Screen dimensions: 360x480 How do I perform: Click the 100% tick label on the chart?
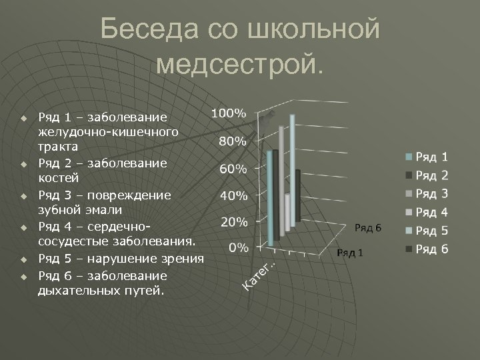[x=229, y=113]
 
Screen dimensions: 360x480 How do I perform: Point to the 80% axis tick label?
[x=233, y=141]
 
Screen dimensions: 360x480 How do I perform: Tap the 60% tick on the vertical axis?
[x=233, y=169]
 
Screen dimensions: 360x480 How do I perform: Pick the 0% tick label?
[x=239, y=247]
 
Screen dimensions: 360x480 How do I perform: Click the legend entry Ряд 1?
[x=432, y=157]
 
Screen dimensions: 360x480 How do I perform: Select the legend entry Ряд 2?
[x=432, y=175]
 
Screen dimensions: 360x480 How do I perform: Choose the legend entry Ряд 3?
[x=432, y=194]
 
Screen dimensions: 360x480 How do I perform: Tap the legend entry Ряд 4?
[x=432, y=213]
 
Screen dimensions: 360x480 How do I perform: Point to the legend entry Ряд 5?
[x=432, y=231]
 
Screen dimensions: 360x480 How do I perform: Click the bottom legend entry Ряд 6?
[x=432, y=249]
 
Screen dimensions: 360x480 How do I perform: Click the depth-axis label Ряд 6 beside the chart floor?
[x=367, y=227]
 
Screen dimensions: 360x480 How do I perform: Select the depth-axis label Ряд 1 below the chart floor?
[x=350, y=253]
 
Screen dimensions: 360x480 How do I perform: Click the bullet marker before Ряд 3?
[x=23, y=197]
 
